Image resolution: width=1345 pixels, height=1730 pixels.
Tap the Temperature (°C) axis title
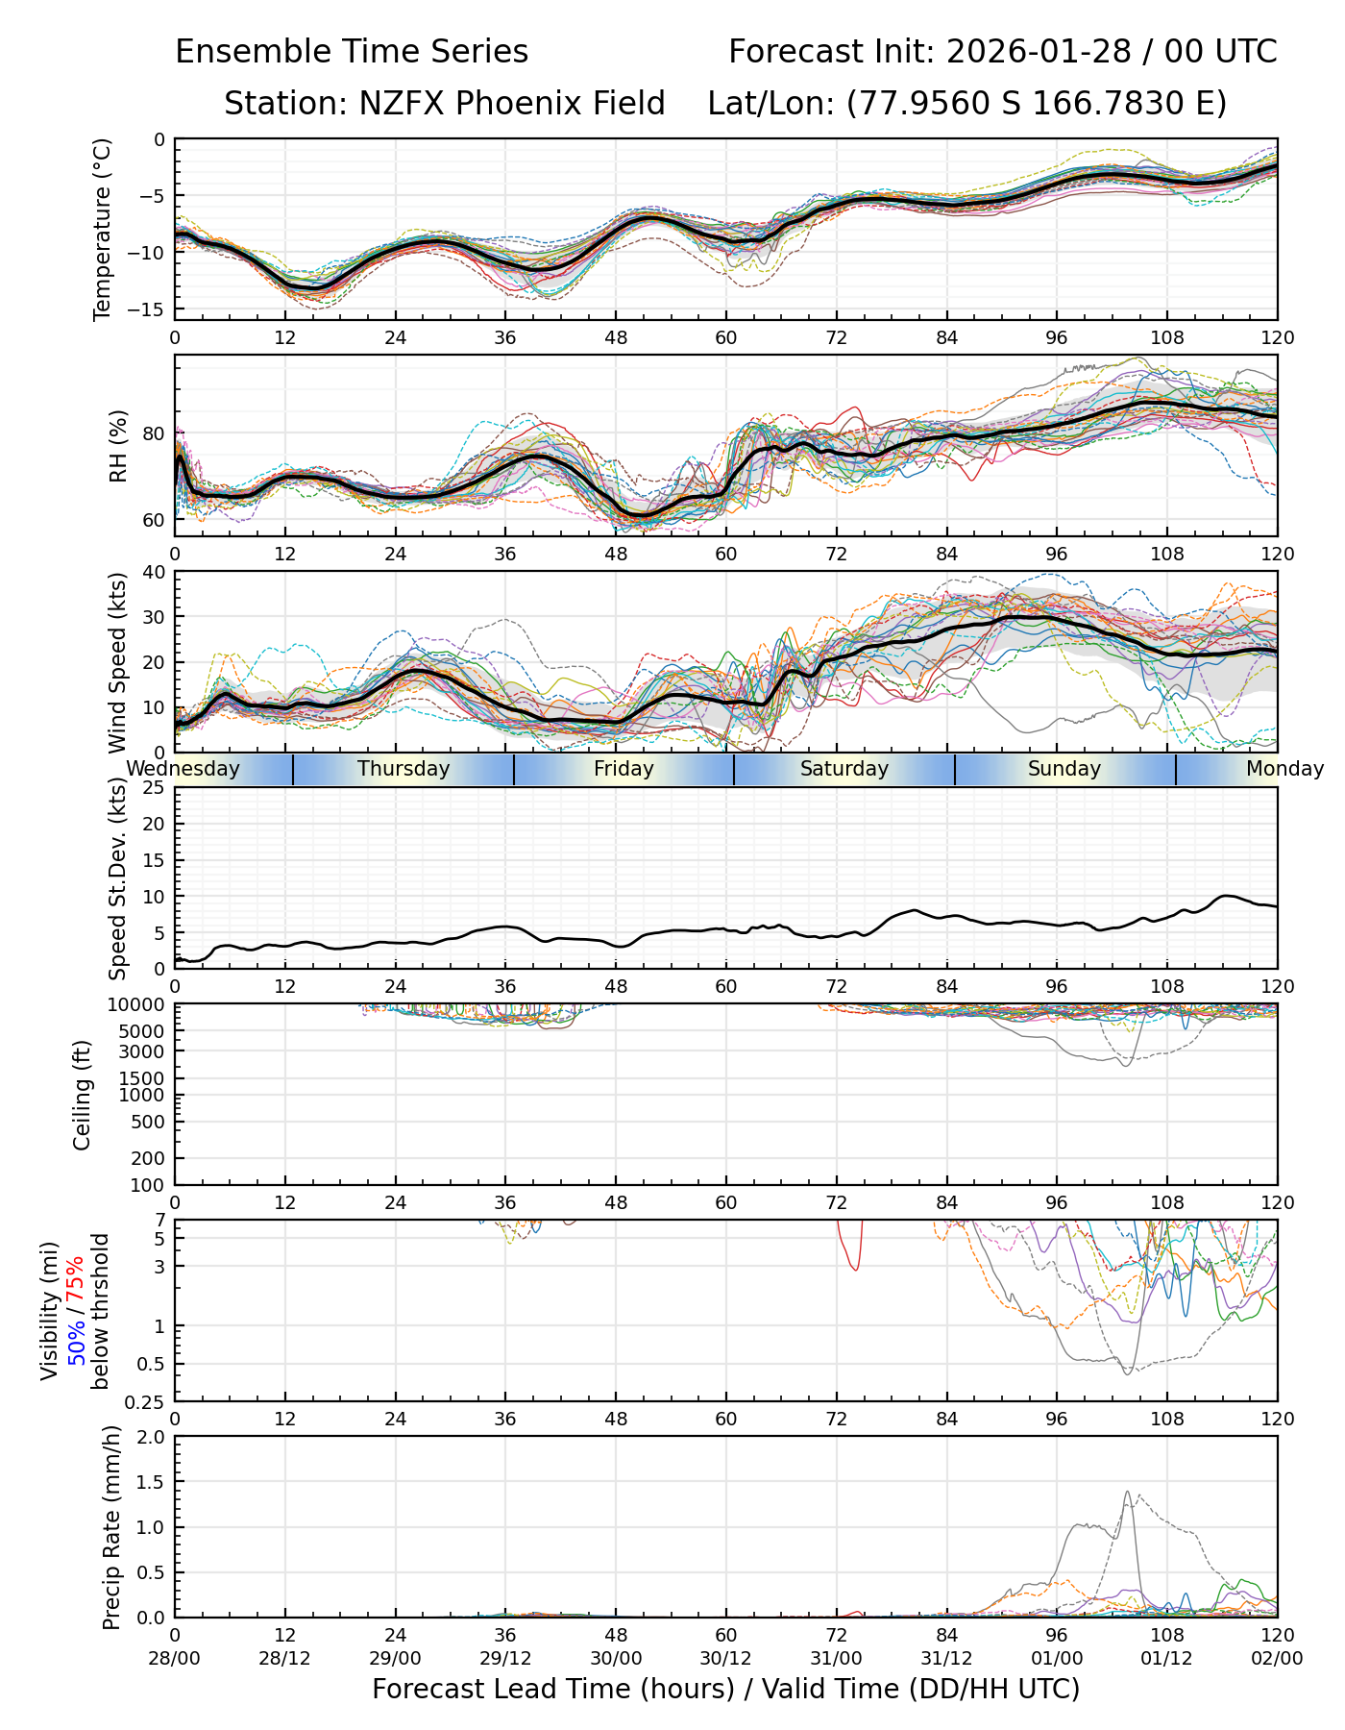(103, 229)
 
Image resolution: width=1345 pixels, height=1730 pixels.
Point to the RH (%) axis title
(118, 446)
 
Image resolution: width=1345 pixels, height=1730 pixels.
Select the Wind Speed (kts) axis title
(118, 662)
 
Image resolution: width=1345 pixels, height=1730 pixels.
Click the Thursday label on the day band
(403, 769)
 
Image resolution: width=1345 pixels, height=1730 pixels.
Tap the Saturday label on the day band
(844, 769)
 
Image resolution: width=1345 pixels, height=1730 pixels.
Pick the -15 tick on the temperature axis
(153, 309)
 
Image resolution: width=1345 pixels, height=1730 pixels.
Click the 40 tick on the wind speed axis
(155, 572)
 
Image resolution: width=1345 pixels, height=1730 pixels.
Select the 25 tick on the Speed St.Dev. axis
(155, 788)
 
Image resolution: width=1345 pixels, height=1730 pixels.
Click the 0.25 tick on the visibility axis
(146, 1401)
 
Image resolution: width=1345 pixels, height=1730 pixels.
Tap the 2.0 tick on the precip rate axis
(151, 1437)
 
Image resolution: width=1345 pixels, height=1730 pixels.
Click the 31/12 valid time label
(946, 1659)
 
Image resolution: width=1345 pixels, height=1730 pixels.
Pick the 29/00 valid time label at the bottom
(395, 1659)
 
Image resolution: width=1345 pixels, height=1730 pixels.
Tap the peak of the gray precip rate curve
(1127, 1493)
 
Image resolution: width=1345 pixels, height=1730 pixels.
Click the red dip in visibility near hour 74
(854, 1270)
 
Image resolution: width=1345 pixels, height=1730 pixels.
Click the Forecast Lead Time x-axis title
(725, 1690)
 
